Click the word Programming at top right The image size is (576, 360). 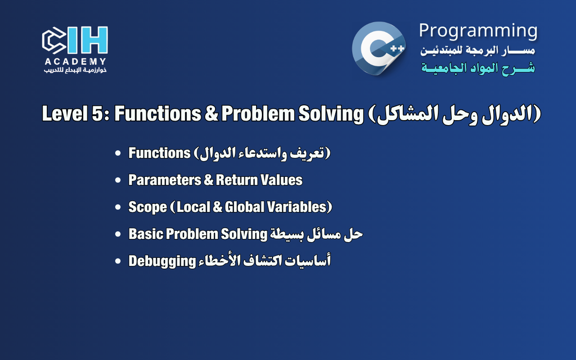478,31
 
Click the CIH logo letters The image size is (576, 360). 75,40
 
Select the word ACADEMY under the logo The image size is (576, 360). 75,62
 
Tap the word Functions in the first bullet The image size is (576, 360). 159,153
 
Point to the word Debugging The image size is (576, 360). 161,261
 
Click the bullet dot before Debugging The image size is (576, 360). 118,261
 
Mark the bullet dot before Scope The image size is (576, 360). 118,207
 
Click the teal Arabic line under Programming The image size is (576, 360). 478,68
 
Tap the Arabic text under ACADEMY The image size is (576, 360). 75,70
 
